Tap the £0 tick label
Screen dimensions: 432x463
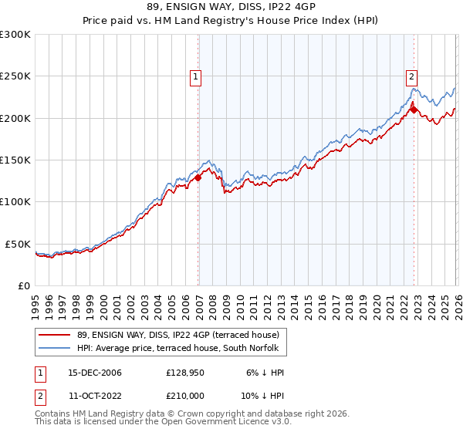point(24,285)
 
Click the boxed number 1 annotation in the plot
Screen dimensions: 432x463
point(196,76)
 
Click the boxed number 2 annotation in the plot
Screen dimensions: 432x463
point(412,76)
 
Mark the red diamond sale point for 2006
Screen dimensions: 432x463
point(198,177)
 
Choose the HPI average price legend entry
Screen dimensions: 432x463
point(181,349)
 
